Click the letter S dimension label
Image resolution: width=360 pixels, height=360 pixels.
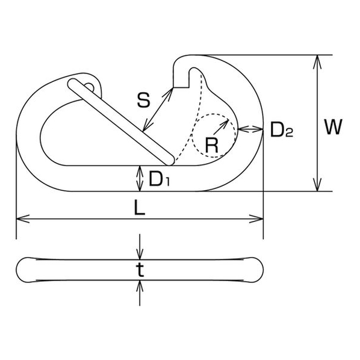coord(144,100)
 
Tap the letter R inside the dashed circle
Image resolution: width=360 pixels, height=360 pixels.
coord(211,146)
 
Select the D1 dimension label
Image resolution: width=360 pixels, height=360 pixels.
coord(160,179)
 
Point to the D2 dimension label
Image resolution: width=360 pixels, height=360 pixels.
coord(282,129)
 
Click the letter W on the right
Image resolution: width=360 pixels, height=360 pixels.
coord(334,126)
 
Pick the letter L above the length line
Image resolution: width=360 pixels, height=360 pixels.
coord(140,208)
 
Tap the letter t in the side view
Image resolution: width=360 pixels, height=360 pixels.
coord(140,270)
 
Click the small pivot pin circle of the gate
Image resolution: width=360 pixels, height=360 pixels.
coord(90,87)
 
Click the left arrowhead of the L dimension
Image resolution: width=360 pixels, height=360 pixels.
coord(22,219)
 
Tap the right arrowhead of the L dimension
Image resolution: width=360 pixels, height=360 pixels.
coord(256,219)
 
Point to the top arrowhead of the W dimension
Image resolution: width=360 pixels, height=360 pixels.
coord(317,61)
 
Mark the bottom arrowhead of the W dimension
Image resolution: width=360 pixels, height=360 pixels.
coord(317,185)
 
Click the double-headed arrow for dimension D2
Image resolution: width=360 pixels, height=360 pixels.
coord(250,129)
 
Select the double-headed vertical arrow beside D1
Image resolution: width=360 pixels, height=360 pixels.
coord(140,178)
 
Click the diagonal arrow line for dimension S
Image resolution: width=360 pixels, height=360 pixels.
coord(158,110)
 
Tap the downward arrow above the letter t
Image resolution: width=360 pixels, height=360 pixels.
coord(140,247)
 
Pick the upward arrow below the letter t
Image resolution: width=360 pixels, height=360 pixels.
coord(140,293)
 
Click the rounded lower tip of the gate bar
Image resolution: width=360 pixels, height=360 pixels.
coord(170,161)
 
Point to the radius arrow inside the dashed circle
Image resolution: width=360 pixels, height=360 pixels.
coord(221,127)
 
